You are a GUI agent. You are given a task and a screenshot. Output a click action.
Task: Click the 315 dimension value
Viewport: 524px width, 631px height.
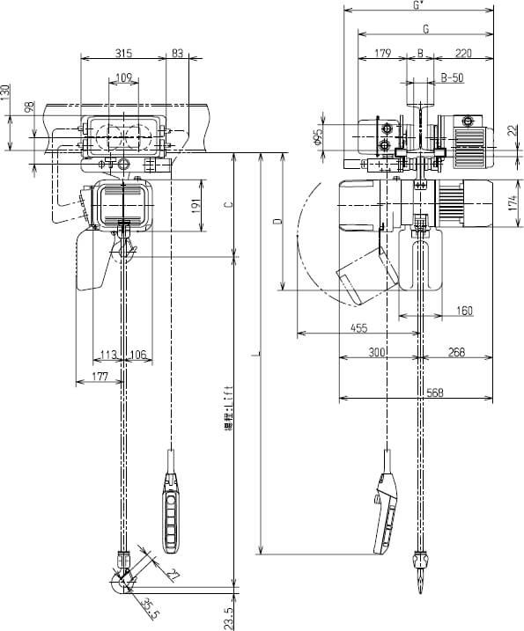coord(124,54)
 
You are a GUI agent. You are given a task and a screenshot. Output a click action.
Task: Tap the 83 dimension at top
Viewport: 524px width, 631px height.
coord(177,54)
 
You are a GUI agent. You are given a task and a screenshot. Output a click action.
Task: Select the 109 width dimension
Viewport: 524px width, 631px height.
coord(124,78)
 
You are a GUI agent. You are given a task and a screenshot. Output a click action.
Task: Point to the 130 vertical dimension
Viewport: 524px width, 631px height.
coord(6,92)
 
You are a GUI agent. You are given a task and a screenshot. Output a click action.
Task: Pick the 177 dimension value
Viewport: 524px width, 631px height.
coord(99,377)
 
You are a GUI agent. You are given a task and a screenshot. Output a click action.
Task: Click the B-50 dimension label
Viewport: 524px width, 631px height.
coord(452,78)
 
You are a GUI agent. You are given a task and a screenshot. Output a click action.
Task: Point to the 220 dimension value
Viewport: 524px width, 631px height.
coord(463,54)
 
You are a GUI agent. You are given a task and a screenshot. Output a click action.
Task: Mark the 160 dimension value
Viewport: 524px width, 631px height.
coord(464,311)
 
